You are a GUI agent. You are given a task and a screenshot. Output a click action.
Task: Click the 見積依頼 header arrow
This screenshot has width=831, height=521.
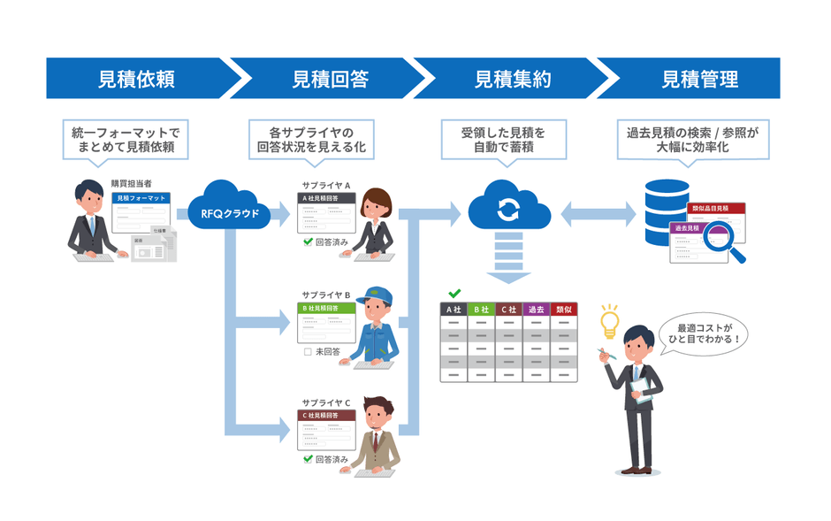point(137,79)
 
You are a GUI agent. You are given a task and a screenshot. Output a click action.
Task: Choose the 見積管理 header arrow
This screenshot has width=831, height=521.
point(698,79)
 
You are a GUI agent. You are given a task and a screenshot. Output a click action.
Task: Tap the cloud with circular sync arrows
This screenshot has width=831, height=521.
point(508,209)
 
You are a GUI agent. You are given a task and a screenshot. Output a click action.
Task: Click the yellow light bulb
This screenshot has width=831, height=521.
point(608,318)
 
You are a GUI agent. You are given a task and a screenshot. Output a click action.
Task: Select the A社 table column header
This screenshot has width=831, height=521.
point(454,310)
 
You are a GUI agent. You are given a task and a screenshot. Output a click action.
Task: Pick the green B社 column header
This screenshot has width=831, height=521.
point(481,310)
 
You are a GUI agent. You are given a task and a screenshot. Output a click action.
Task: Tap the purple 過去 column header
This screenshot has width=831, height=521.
point(536,310)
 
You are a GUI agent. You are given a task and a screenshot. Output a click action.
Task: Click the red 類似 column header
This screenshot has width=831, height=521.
point(563,310)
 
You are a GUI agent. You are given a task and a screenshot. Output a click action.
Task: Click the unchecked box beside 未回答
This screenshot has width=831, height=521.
point(307,351)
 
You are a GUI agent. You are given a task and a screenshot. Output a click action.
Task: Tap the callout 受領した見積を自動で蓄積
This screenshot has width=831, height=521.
point(503,139)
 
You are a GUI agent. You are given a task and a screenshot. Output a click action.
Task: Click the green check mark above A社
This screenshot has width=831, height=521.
point(454,293)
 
